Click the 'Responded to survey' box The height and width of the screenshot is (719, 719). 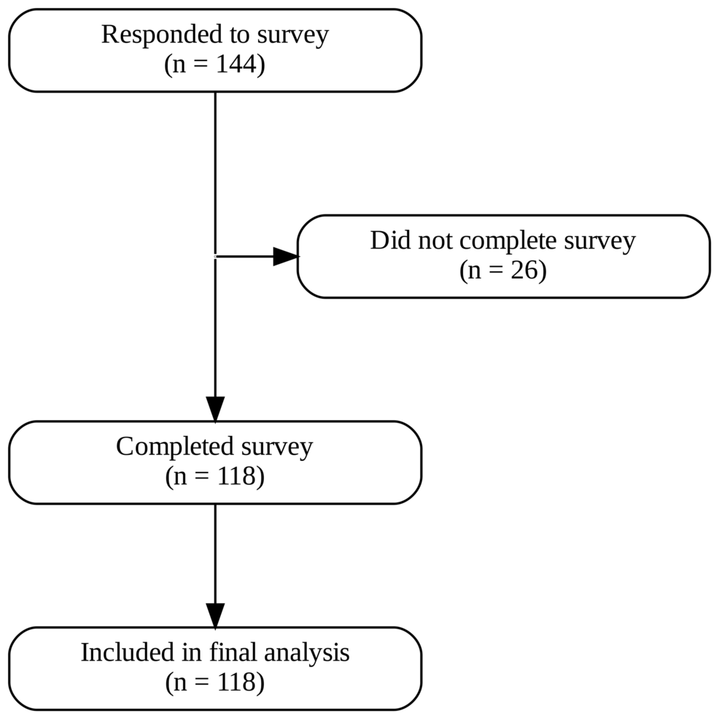point(214,50)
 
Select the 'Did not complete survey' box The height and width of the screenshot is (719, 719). point(503,256)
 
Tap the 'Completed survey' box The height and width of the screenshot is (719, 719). point(214,462)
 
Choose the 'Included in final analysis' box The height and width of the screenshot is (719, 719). point(214,668)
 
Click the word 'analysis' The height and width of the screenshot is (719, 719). point(309,653)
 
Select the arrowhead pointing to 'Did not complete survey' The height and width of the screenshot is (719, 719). point(286,256)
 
